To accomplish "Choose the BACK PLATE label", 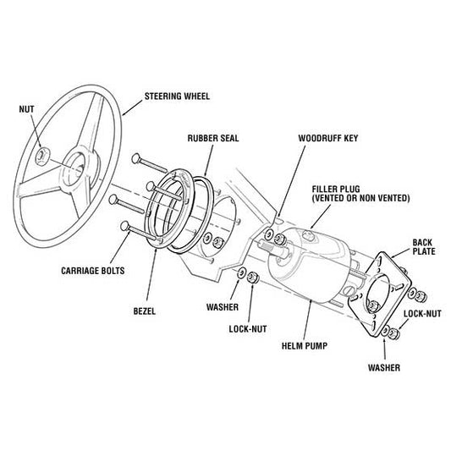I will tap(422, 246).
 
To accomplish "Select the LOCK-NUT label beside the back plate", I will tap(421, 312).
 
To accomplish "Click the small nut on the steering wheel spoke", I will tap(44, 156).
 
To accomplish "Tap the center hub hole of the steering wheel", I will tap(78, 163).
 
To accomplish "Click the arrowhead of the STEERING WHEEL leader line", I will tap(124, 113).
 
